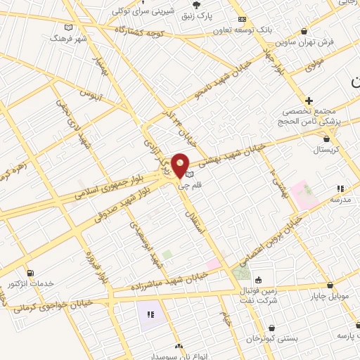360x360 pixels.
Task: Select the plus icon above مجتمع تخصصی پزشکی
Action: [309, 101]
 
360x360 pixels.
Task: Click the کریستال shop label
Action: [326, 150]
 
